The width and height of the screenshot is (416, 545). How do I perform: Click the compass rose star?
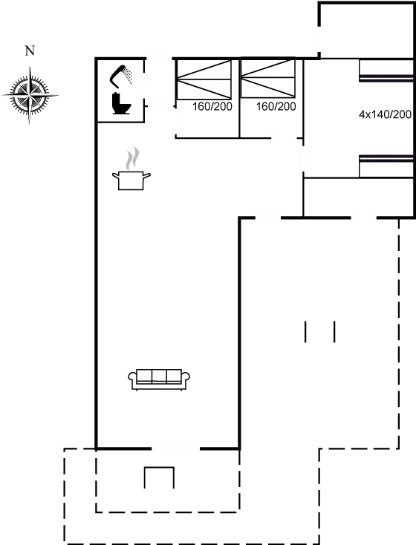30,94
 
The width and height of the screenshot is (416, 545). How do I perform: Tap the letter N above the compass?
29,51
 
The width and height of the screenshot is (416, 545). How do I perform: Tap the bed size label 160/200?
276,107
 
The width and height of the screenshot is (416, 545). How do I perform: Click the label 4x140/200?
384,114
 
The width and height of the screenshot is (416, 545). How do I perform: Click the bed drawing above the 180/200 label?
206,79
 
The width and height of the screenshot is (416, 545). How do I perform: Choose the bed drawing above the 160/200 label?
268,79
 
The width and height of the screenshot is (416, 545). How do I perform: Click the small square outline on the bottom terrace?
158,477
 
